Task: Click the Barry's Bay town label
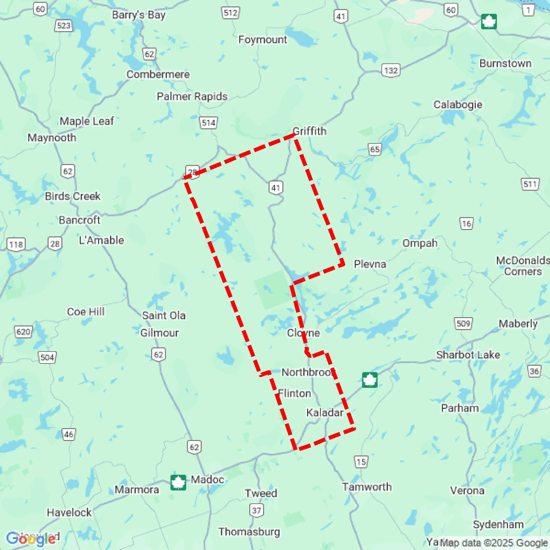coord(138,15)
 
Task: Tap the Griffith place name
coord(310,131)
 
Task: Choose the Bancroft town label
coord(80,220)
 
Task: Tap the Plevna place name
coord(370,264)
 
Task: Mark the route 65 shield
coord(375,150)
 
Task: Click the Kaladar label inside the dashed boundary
coord(325,412)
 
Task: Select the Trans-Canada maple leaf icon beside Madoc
coord(178,483)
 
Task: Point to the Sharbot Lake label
coord(468,355)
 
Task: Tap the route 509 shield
coord(463,324)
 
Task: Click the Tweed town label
coord(261,493)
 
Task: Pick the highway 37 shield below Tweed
coord(256,510)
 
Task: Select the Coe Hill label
coord(86,312)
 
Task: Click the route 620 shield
coord(23,332)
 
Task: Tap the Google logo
coord(31,539)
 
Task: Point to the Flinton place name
coord(294,393)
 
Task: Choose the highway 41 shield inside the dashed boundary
coord(275,188)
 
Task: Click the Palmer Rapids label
coord(192,96)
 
